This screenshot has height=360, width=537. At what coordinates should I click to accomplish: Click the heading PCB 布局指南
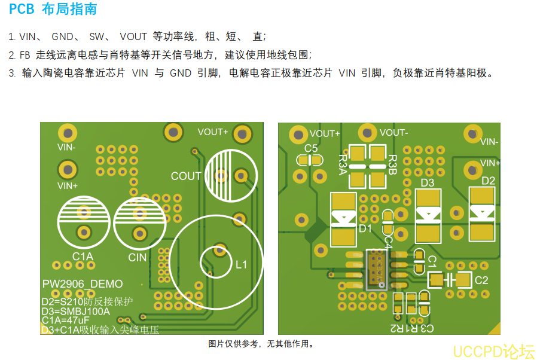pyautogui.click(x=53, y=10)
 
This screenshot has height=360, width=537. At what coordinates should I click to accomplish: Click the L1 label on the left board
pyautogui.click(x=241, y=265)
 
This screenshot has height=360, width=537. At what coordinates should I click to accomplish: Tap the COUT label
pyautogui.click(x=186, y=176)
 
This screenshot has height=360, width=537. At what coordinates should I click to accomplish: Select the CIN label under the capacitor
pyautogui.click(x=137, y=257)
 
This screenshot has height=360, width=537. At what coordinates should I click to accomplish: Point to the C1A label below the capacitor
pyautogui.click(x=83, y=257)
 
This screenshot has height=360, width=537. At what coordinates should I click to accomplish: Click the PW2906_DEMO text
pyautogui.click(x=83, y=284)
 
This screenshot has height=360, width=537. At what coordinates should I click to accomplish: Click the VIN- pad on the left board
pyautogui.click(x=68, y=133)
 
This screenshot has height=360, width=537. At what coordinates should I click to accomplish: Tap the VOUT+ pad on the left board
pyautogui.click(x=242, y=133)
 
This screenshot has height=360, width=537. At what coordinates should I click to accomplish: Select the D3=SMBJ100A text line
pyautogui.click(x=76, y=310)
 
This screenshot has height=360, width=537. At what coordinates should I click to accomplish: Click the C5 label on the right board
pyautogui.click(x=311, y=148)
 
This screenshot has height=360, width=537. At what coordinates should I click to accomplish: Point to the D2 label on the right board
pyautogui.click(x=488, y=181)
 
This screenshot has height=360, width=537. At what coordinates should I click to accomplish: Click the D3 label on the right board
pyautogui.click(x=427, y=183)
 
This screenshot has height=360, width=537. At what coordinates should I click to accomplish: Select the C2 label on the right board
pyautogui.click(x=481, y=280)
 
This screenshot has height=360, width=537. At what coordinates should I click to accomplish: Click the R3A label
pyautogui.click(x=343, y=163)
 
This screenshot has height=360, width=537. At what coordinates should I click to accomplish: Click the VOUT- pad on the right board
pyautogui.click(x=367, y=133)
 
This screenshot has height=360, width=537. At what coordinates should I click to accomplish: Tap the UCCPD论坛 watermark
pyautogui.click(x=493, y=351)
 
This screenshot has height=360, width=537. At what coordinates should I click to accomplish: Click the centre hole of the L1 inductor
pyautogui.click(x=216, y=258)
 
